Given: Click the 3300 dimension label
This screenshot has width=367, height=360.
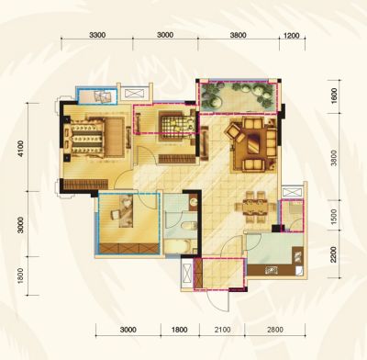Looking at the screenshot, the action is point(97,35).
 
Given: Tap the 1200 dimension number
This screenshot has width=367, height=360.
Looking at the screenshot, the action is point(292,36).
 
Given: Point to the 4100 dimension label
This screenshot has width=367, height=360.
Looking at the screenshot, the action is point(20,149).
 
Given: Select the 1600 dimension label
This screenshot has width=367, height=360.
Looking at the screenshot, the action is point(334,96).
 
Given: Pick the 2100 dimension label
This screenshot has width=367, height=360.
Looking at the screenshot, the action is point(222,330).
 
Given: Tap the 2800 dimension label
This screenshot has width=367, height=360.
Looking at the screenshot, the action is point(275,330).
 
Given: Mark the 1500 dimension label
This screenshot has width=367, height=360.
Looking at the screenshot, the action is point(334,216).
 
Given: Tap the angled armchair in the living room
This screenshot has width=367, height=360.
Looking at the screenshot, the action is point(234,132).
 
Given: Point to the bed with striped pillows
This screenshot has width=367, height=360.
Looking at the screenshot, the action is point(94,139).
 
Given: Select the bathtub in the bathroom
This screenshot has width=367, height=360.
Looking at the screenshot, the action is point(178,246).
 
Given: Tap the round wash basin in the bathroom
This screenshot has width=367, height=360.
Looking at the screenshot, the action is point(194,202).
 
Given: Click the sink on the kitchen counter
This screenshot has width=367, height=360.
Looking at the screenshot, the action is point(271,270).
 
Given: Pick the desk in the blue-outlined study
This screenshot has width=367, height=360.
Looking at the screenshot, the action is point(126,211).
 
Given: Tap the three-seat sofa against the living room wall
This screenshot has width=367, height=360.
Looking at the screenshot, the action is point(272,143).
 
